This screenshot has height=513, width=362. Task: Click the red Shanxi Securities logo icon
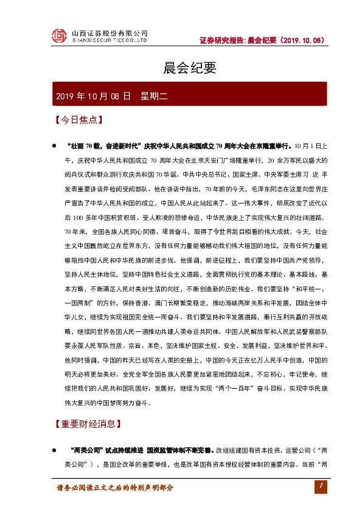point(58,36)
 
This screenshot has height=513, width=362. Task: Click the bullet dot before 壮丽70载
point(54,147)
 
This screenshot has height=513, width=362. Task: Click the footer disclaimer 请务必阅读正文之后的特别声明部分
point(115,487)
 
